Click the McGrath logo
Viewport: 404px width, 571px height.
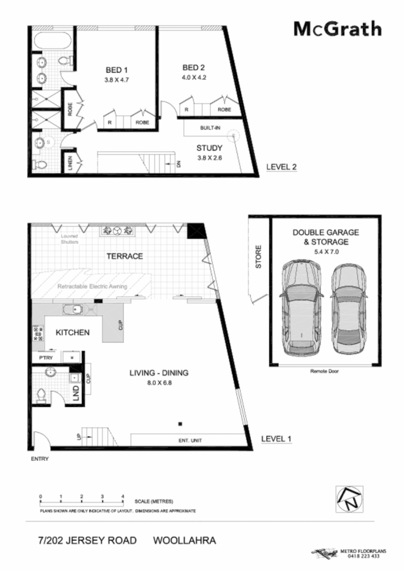pyautogui.click(x=337, y=29)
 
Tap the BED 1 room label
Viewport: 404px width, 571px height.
pyautogui.click(x=117, y=70)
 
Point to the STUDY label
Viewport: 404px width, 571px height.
pyautogui.click(x=209, y=148)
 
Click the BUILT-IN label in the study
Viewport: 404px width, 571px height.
pyautogui.click(x=210, y=128)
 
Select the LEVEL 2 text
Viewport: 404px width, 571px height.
pyautogui.click(x=282, y=168)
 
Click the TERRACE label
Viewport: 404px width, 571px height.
pyautogui.click(x=125, y=256)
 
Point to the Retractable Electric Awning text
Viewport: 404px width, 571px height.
pyautogui.click(x=92, y=286)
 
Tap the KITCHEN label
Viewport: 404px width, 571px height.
pyautogui.click(x=72, y=332)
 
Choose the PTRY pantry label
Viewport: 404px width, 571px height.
pyautogui.click(x=46, y=357)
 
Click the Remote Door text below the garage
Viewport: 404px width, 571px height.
pyautogui.click(x=325, y=371)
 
